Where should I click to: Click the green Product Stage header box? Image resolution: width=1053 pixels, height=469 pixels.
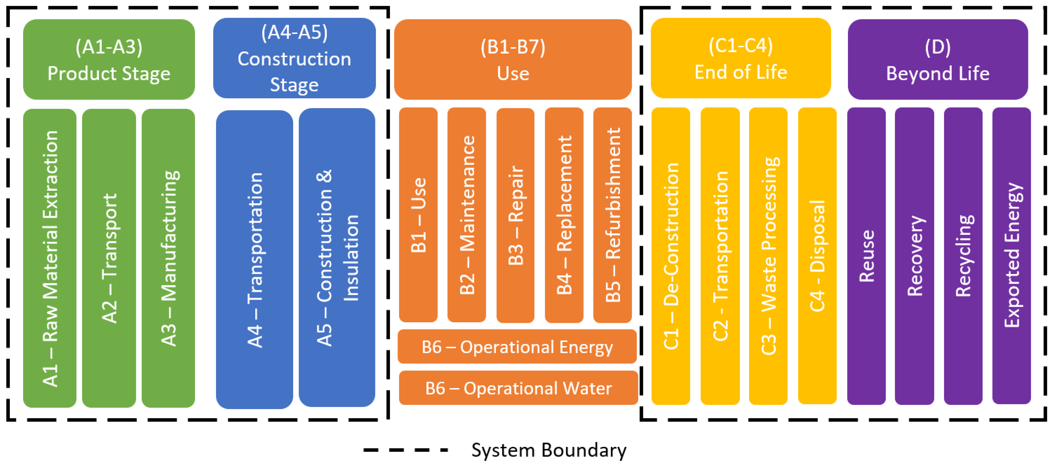pos(109,59)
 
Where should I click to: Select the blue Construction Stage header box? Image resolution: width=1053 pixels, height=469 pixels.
pos(294,58)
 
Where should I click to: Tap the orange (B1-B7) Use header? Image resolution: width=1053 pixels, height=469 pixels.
pos(513,59)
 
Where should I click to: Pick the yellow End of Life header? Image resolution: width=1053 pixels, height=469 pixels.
pos(740,58)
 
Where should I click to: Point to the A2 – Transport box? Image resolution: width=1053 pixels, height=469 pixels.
pos(109,258)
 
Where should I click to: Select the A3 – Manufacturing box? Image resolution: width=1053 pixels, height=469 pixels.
pos(168,258)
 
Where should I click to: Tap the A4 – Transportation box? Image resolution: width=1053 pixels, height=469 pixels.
pos(254,259)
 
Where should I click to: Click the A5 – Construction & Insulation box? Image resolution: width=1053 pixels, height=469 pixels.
pos(337,258)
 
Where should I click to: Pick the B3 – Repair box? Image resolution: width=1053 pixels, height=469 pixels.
pos(515,215)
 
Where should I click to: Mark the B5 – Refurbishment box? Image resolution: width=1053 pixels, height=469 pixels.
pos(612,215)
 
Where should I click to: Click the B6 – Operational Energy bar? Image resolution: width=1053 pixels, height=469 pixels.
pos(517,347)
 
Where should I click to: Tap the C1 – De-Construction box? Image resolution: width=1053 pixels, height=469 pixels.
pos(670,256)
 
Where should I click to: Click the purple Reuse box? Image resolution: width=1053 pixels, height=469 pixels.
pos(866,256)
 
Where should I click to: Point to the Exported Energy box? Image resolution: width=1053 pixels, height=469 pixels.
pos(1011,256)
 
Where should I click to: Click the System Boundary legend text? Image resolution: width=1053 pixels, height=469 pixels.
pos(548,450)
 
